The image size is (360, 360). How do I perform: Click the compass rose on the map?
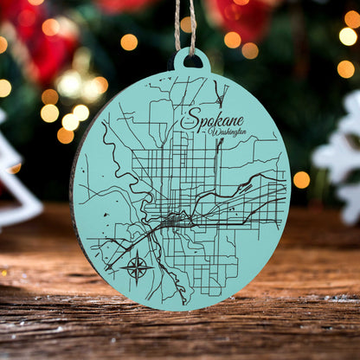pyautogui.click(x=138, y=267)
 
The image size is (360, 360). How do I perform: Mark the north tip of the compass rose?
pyautogui.click(x=138, y=252)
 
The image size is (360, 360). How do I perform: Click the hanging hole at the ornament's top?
pyautogui.click(x=192, y=61)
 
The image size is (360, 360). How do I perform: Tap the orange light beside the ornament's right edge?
pyautogui.click(x=301, y=179)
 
